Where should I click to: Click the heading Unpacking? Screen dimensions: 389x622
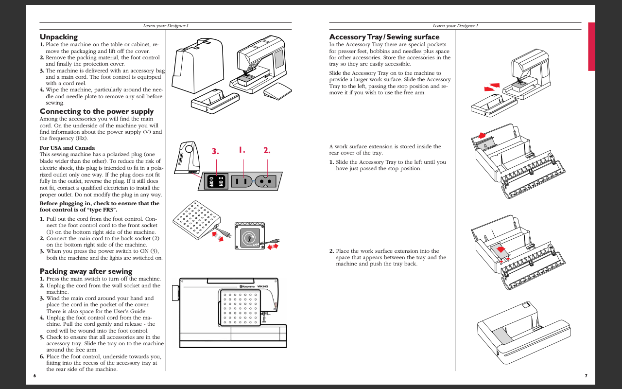pos(58,37)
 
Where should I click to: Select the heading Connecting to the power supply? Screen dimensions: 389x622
pos(96,111)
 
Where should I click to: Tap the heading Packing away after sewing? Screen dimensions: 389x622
pos(86,271)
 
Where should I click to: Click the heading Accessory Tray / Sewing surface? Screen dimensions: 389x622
pos(384,37)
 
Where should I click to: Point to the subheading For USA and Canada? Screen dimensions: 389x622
pos(67,148)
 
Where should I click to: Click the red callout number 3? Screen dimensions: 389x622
pos(216,151)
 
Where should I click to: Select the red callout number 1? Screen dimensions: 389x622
pos(242,150)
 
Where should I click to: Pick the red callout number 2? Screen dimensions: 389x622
pos(267,150)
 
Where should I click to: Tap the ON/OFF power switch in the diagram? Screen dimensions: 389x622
pos(216,181)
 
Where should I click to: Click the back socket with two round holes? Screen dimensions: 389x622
pos(266,181)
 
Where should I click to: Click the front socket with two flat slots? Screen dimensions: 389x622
pos(242,181)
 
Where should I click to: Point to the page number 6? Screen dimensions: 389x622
pos(35,375)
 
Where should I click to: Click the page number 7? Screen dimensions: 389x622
pos(586,375)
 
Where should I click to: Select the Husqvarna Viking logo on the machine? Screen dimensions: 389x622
pos(253,286)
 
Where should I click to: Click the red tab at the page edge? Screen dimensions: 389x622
pos(591,46)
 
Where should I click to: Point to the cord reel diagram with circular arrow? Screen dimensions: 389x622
pos(249,237)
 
